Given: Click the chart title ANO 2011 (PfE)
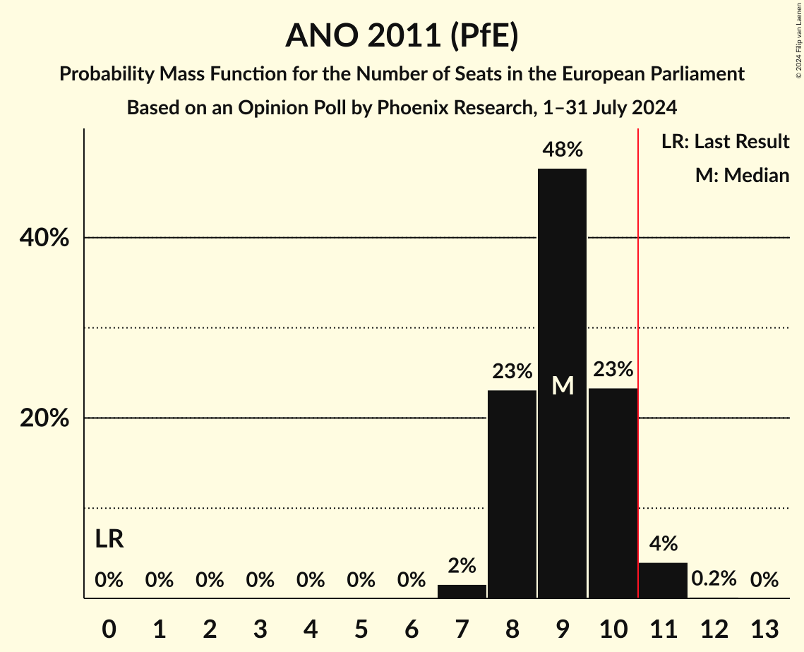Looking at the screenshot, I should [402, 36].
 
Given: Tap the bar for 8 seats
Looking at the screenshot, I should [512, 494].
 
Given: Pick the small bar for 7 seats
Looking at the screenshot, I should [462, 591].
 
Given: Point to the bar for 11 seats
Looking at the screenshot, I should [663, 580].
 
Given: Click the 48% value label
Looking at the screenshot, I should [562, 150].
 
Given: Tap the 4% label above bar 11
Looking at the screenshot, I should [663, 543].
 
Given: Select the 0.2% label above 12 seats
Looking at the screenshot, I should [714, 579].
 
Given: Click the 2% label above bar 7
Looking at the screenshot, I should [462, 566].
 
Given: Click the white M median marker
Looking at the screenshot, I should [562, 386].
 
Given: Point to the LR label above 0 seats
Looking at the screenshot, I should [109, 540].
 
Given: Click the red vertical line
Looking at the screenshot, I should [638, 353].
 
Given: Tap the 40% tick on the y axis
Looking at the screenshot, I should [44, 239].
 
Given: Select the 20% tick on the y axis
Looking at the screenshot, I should [44, 418].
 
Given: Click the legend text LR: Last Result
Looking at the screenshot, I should [725, 142].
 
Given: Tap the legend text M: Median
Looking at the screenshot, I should [742, 175].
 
